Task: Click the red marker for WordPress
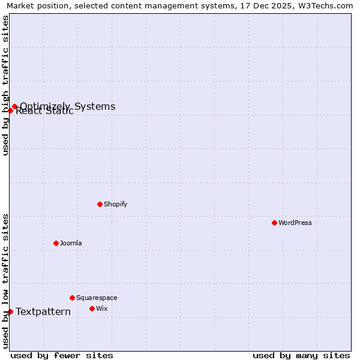tap(274, 223)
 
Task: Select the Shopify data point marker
tap(100, 204)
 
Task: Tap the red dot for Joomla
tap(56, 243)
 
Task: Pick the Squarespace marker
tap(72, 298)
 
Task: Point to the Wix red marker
tap(92, 308)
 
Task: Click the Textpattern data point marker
tap(10, 311)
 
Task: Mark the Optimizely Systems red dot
tap(14, 107)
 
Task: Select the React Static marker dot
tap(10, 110)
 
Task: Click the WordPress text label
tap(295, 223)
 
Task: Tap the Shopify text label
tap(116, 204)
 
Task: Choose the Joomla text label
tap(71, 243)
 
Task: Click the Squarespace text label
tap(97, 298)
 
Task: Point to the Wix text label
tap(102, 308)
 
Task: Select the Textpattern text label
tap(43, 311)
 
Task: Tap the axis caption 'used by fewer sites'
tap(62, 355)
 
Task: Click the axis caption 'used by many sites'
tap(301, 355)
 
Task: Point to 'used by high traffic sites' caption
tap(6, 85)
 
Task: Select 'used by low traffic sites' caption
tap(6, 281)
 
